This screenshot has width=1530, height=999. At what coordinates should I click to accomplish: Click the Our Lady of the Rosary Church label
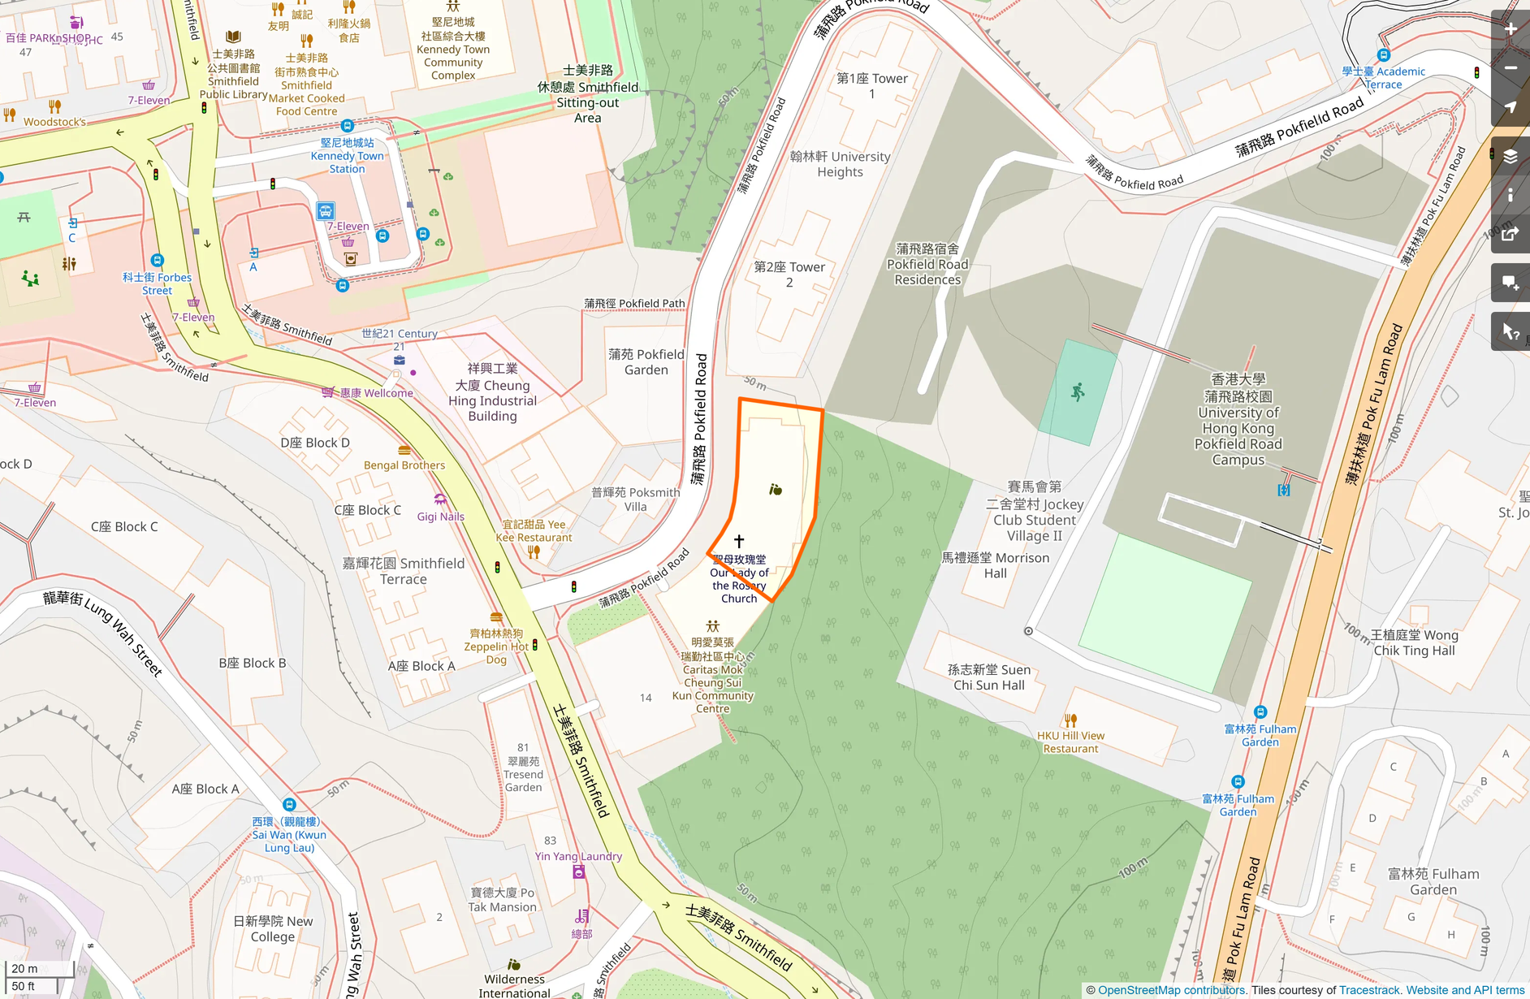(739, 579)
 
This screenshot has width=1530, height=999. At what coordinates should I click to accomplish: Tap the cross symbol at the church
(739, 541)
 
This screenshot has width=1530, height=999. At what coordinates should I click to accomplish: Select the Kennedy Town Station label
(347, 156)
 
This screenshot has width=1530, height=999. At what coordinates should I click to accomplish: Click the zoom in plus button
(1511, 29)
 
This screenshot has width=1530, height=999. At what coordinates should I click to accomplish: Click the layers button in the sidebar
(1511, 157)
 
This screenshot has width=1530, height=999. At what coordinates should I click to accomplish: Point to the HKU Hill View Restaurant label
(1070, 742)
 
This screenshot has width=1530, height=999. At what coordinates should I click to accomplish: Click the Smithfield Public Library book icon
(233, 37)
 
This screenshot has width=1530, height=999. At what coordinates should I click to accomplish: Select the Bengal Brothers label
(404, 465)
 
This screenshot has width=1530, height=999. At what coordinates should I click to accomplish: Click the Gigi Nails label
(441, 517)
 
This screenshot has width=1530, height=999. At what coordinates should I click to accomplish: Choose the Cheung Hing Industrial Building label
(492, 392)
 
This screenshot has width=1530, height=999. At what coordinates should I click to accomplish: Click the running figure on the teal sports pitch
(1078, 393)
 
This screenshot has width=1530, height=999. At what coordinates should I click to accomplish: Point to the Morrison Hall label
(996, 565)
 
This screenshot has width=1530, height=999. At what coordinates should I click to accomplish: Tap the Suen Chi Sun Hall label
(989, 677)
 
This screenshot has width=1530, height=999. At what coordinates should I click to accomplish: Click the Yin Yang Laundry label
(578, 856)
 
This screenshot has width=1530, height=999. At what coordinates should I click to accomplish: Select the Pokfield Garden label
(646, 362)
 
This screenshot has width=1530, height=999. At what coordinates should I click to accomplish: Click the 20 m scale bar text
(24, 968)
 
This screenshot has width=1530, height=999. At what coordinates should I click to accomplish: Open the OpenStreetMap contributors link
(1171, 990)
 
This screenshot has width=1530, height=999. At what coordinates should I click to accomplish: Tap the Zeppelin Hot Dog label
(496, 647)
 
